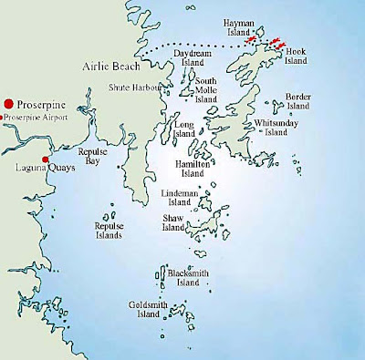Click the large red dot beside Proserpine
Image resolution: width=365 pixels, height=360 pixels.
click(9, 104)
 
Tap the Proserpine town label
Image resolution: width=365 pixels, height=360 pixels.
click(38, 104)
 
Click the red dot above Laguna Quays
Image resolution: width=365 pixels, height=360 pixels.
click(45, 159)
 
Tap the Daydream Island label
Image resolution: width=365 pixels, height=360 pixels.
click(192, 59)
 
